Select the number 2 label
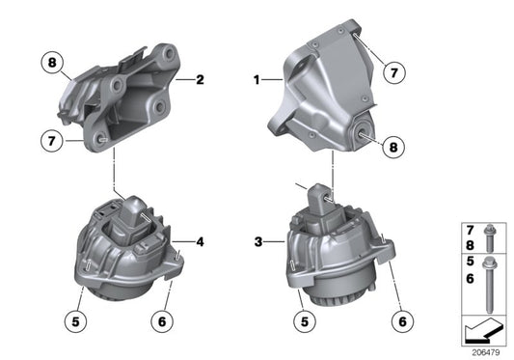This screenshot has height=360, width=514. click(x=199, y=80)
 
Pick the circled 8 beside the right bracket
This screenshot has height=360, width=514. click(x=393, y=147)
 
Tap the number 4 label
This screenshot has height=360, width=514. click(x=200, y=241)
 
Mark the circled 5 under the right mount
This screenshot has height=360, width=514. click(x=304, y=315)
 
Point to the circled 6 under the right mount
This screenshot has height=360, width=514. click(x=401, y=315)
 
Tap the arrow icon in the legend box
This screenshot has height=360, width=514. click(x=483, y=332)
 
